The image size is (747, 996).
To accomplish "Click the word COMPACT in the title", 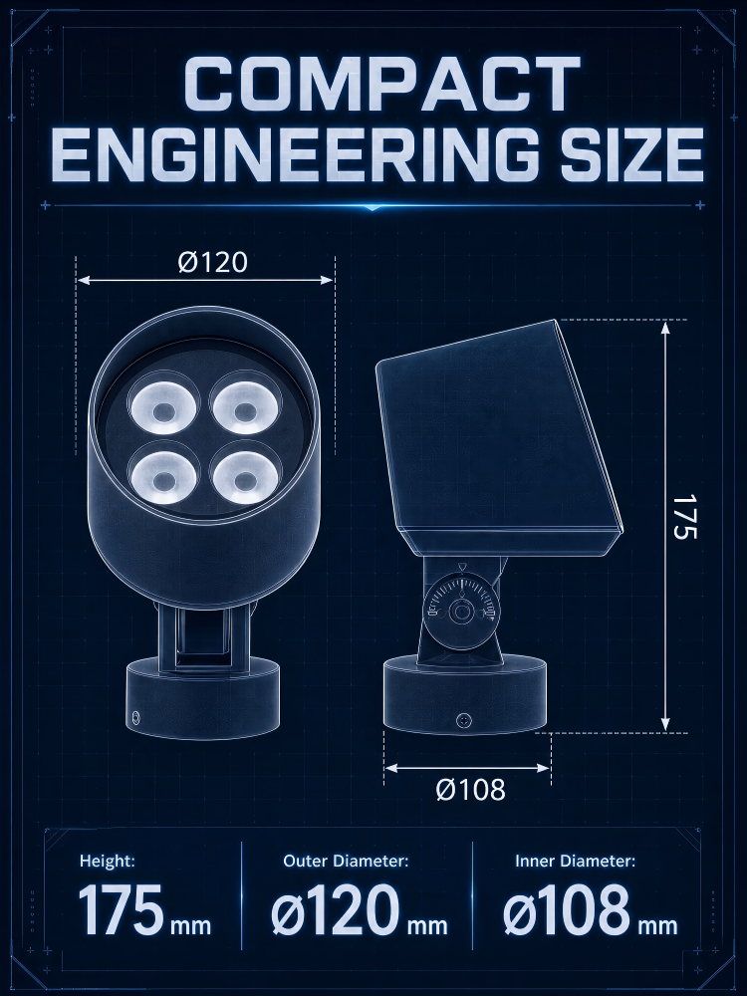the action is (x=381, y=84).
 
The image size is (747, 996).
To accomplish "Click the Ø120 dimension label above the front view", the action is (x=212, y=262).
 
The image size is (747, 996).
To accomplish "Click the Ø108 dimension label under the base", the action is (x=471, y=790).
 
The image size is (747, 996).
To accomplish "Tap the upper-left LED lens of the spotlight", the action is (x=163, y=406).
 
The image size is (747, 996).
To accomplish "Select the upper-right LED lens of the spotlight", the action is (x=245, y=406).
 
